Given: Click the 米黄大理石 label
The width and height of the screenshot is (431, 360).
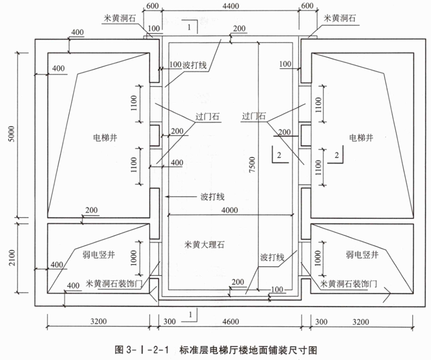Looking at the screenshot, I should (x=204, y=246).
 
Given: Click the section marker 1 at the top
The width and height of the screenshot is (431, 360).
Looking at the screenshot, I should (x=190, y=27).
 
